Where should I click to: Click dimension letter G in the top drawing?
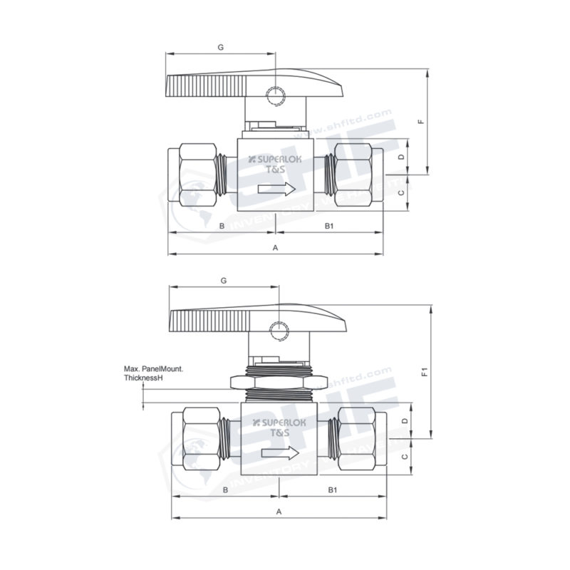coord(221,47)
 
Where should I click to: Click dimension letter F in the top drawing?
coord(421,121)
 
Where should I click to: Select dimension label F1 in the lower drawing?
coord(423,372)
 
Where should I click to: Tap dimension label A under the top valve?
coord(276,247)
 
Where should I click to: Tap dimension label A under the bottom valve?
coord(279,512)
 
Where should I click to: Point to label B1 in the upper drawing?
coord(329,226)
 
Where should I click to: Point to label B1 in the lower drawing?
coord(332,489)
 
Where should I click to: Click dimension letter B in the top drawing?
coord(222,226)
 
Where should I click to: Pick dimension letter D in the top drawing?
coord(401,156)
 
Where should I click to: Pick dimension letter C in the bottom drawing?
coord(404,457)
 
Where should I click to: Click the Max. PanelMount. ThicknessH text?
coord(154,373)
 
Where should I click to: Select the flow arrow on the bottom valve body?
coord(279,453)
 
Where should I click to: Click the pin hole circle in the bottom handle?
coord(277,330)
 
